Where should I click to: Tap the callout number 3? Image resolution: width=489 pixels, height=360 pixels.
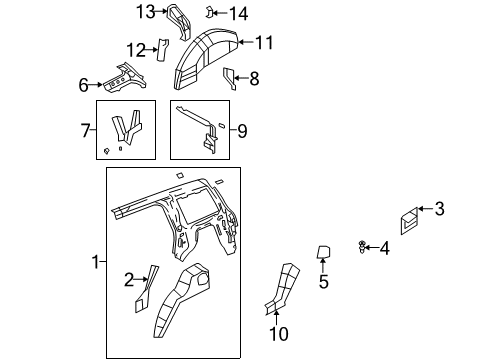[x=439, y=208]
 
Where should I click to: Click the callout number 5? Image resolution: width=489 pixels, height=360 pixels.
[x=323, y=283]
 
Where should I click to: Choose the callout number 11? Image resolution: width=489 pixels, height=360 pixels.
[x=263, y=42]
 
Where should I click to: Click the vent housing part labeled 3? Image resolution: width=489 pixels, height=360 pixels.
[x=409, y=222]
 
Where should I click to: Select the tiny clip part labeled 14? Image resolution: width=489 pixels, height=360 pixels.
[x=211, y=12]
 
